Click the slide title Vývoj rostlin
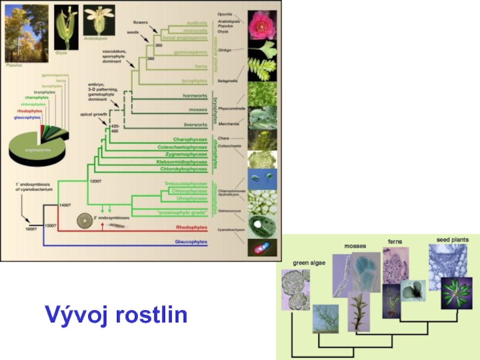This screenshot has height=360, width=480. click(116, 314)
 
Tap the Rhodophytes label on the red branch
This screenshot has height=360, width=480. click(191, 228)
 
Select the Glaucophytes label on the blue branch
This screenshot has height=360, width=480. click(190, 242)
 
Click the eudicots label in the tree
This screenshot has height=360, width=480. click(197, 23)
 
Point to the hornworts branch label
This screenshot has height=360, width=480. click(195, 95)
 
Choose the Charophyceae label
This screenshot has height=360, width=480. click(190, 140)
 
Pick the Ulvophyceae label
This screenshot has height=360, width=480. click(192, 198)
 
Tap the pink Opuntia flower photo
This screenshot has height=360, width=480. click(262, 24)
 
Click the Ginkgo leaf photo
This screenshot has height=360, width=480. click(262, 50)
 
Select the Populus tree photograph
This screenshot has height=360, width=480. click(26, 33)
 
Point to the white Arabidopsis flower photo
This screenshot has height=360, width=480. click(99, 20)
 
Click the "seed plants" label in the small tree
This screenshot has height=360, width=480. click(452, 240)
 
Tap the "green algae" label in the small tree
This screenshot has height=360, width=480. click(309, 263)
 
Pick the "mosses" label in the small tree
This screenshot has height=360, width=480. click(355, 246)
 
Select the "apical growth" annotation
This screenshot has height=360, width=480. click(93, 114)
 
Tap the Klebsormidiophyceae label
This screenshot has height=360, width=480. click(182, 161)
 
